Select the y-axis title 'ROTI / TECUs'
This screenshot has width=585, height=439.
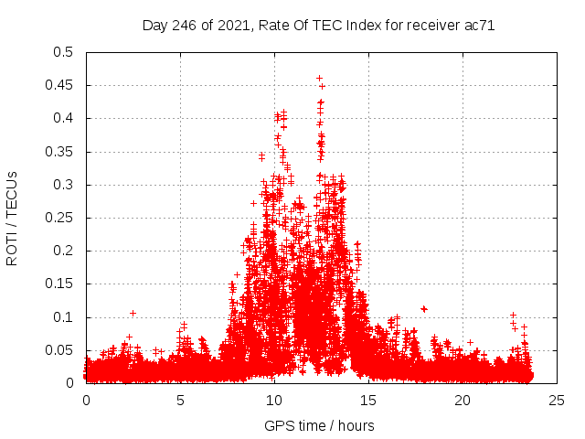point(12,218)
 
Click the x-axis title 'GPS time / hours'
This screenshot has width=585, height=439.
point(319,425)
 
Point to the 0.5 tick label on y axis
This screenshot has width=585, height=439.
point(62,52)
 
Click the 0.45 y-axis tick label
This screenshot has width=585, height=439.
point(59,85)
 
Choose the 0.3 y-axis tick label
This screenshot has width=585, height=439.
point(62,185)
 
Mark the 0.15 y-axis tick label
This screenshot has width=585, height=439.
point(59,284)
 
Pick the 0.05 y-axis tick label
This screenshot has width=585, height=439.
point(59,350)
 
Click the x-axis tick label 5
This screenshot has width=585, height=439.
point(181,400)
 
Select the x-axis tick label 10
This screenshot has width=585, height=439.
point(274,400)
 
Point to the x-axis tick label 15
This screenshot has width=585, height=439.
point(368,400)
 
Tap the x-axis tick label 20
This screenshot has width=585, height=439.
point(463,400)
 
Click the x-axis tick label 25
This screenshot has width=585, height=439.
point(557,400)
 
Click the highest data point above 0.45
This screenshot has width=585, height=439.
point(319,78)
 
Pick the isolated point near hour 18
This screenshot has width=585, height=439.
point(423,308)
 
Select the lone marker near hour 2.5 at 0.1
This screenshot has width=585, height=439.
point(133,313)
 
